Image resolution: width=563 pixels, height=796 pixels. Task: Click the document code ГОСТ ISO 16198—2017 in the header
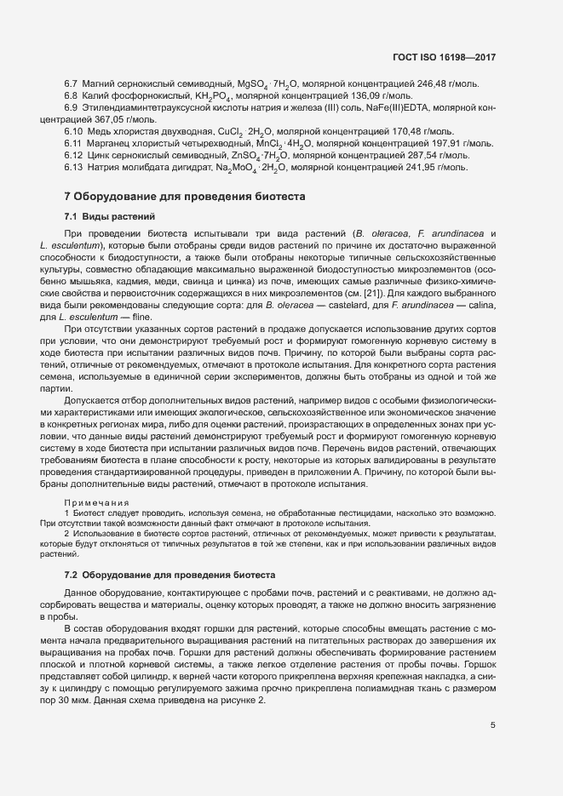coord(443,57)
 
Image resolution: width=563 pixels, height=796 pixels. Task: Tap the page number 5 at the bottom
coord(492,725)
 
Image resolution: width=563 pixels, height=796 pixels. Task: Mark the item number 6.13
coord(73,168)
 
